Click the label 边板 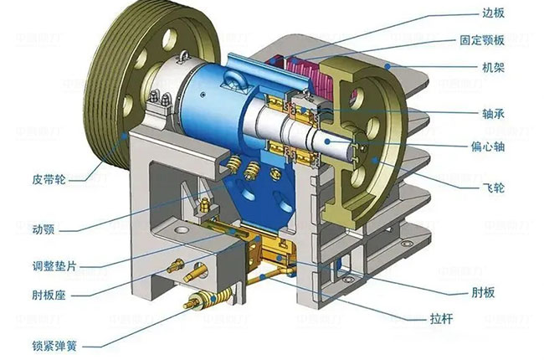[x=493, y=13]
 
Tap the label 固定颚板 [x=482, y=40]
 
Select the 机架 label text [x=493, y=67]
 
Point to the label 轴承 [x=493, y=114]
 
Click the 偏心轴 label [x=488, y=147]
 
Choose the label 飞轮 [x=493, y=188]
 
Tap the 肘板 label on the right [x=483, y=293]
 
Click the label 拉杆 [x=442, y=318]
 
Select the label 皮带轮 [x=49, y=179]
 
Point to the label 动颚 [x=43, y=229]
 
